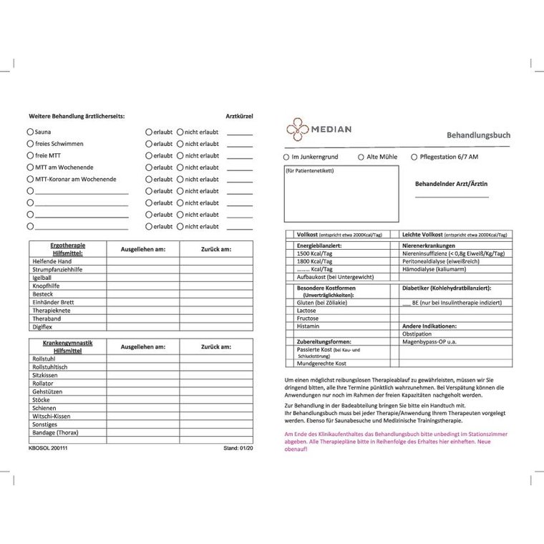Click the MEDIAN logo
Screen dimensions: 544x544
click(x=319, y=130)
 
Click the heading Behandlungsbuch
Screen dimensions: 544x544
click(x=477, y=135)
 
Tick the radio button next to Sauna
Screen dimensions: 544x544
click(x=30, y=132)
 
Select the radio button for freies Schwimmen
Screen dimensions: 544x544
click(x=30, y=144)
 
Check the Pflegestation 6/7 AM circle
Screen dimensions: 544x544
click(x=414, y=157)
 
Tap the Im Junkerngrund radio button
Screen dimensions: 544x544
click(x=286, y=157)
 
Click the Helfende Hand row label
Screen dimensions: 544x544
click(x=52, y=261)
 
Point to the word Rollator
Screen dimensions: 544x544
click(x=44, y=384)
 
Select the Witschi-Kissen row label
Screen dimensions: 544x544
click(x=51, y=416)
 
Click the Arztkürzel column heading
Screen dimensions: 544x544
click(x=239, y=116)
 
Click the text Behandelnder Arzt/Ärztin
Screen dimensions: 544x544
click(x=452, y=184)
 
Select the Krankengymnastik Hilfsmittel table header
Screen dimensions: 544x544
click(x=67, y=346)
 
